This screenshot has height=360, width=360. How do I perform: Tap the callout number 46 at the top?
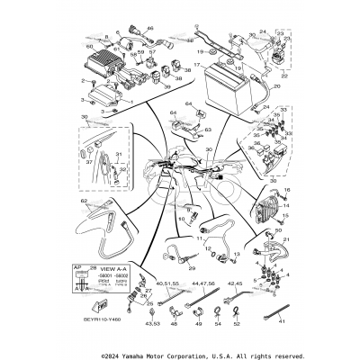[x=149, y=30]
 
